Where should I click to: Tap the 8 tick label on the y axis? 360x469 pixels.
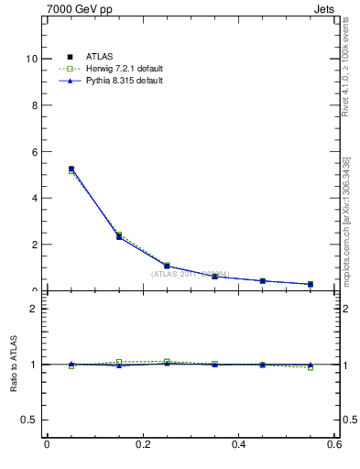pyautogui.click(x=34, y=104)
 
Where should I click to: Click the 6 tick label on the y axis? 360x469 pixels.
pyautogui.click(x=34, y=151)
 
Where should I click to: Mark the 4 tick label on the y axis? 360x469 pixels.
pyautogui.click(x=34, y=198)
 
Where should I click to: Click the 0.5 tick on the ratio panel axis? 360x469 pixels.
pyautogui.click(x=30, y=420)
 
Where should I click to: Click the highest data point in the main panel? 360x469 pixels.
pyautogui.click(x=71, y=169)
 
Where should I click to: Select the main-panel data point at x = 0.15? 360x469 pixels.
pyautogui.click(x=119, y=236)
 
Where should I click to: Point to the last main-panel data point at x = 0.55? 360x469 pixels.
pyautogui.click(x=311, y=284)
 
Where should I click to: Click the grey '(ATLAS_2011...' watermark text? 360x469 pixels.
pyautogui.click(x=190, y=274)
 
